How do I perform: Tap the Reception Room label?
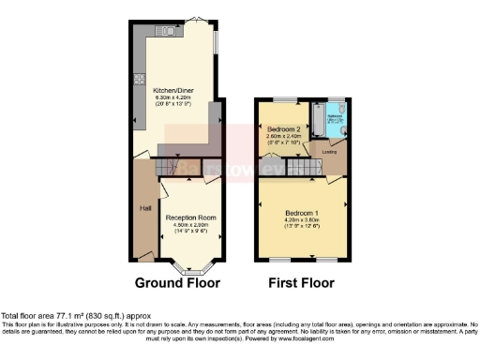tap(191, 217)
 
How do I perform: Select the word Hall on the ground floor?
tap(145, 208)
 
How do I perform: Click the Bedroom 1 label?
tap(302, 213)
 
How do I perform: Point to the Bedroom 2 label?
tap(282, 128)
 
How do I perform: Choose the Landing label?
tap(329, 151)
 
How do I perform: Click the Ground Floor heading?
tap(177, 282)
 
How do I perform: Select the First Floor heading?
tap(302, 282)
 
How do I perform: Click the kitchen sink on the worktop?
tap(169, 32)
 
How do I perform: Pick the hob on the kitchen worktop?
tap(139, 79)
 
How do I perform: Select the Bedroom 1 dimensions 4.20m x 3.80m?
tap(302, 219)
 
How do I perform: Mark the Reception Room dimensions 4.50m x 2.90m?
tap(191, 224)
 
